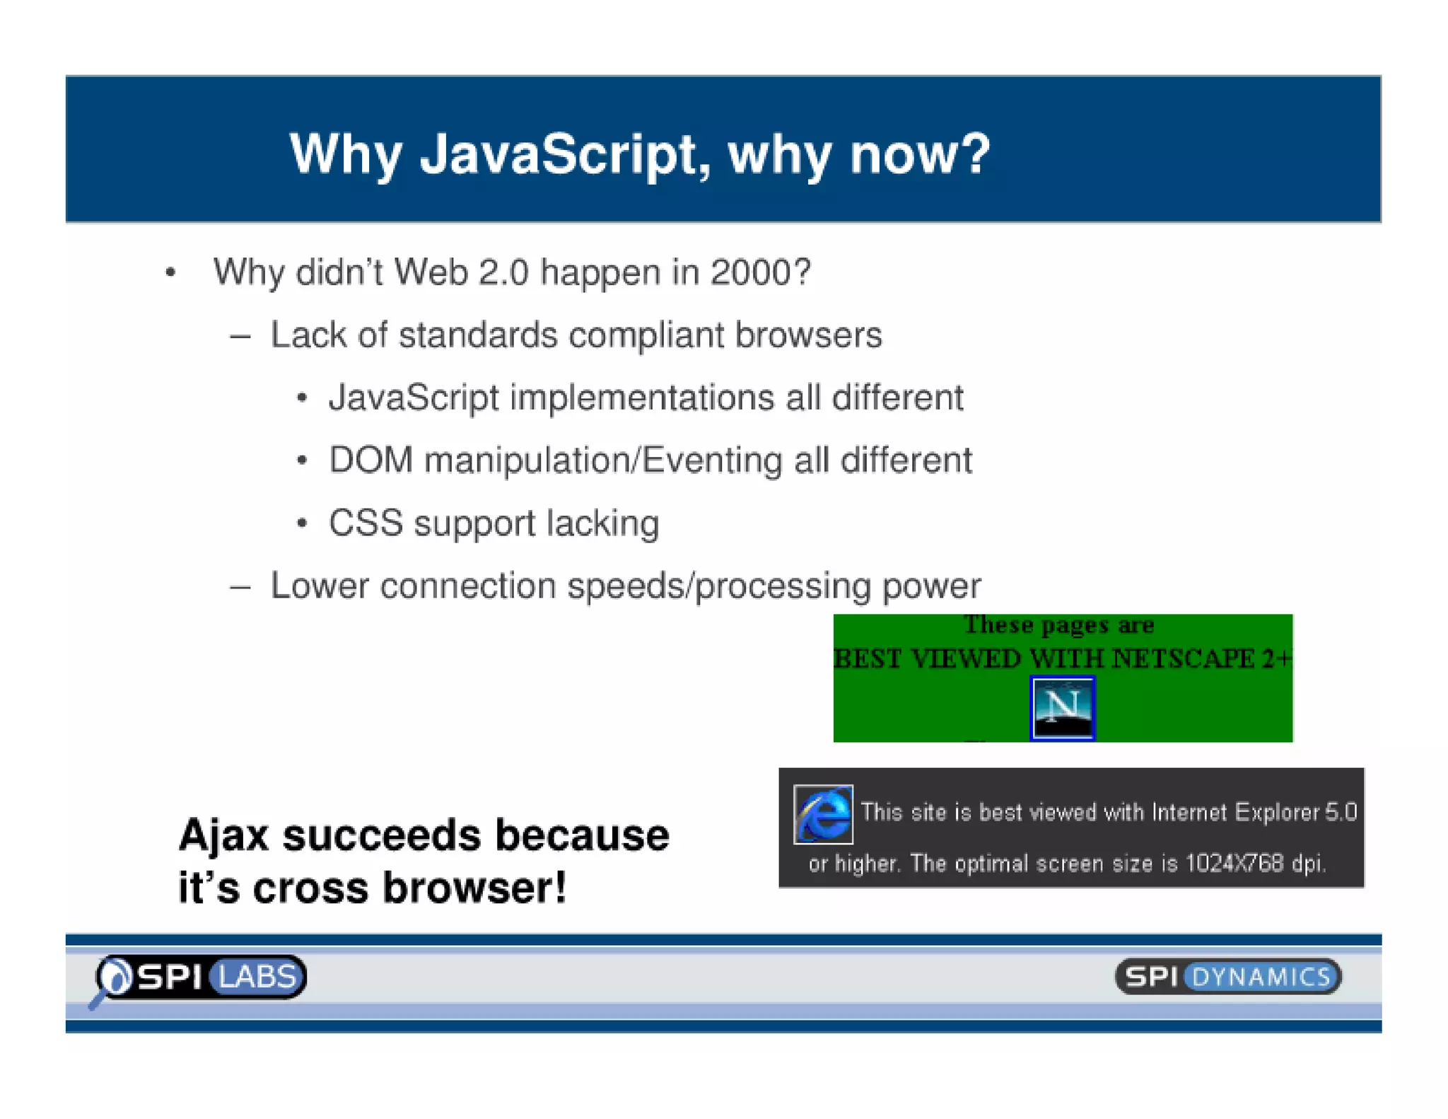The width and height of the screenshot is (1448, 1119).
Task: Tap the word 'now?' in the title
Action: [920, 154]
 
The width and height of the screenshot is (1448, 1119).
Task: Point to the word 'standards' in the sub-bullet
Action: [478, 335]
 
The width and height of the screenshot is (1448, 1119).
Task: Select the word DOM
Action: [371, 460]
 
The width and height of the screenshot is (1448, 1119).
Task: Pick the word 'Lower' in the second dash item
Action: [320, 586]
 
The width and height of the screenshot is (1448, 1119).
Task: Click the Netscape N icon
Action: [1062, 708]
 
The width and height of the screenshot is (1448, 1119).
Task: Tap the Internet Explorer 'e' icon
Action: [823, 814]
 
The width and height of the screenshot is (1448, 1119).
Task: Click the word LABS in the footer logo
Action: [257, 977]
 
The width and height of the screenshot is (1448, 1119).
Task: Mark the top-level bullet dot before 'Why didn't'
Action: [170, 273]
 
